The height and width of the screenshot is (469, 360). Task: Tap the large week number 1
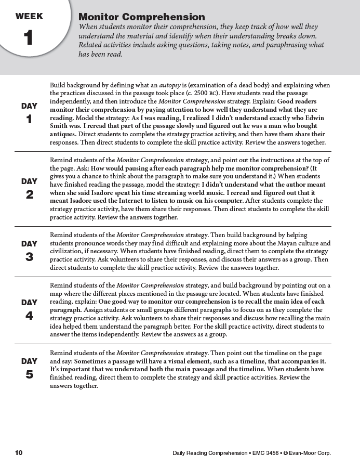pyautogui.click(x=29, y=38)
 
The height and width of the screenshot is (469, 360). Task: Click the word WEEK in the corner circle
pyautogui.click(x=29, y=16)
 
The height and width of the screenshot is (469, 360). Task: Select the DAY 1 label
pyautogui.click(x=29, y=113)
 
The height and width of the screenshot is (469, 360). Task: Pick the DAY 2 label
pyautogui.click(x=29, y=188)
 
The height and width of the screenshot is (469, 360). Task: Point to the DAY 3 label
pyautogui.click(x=29, y=250)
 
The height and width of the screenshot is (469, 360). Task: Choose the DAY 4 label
pyautogui.click(x=29, y=309)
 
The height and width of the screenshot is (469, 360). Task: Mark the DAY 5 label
pyautogui.click(x=29, y=368)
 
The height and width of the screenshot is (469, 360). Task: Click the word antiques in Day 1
pyautogui.click(x=63, y=134)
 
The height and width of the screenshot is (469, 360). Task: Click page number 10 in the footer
pyautogui.click(x=19, y=452)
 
